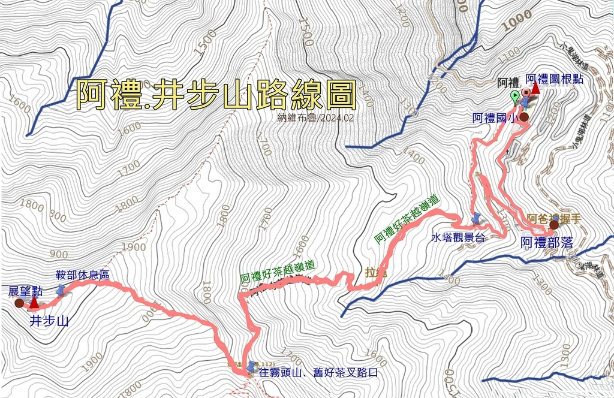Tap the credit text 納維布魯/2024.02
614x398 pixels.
point(312,118)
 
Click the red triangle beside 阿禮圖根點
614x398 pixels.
point(535,89)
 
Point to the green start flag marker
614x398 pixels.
point(514,96)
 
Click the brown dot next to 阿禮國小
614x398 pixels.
point(524,117)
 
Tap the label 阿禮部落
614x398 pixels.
point(547,243)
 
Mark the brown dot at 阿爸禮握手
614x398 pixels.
point(553,225)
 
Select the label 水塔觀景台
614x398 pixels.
point(458,237)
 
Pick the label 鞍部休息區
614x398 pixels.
point(82,275)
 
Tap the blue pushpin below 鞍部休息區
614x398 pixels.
point(61,291)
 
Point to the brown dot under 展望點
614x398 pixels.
point(19,303)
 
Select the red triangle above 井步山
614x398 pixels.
point(34,303)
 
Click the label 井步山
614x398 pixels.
point(49,321)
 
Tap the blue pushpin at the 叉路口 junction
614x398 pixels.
point(251,366)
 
